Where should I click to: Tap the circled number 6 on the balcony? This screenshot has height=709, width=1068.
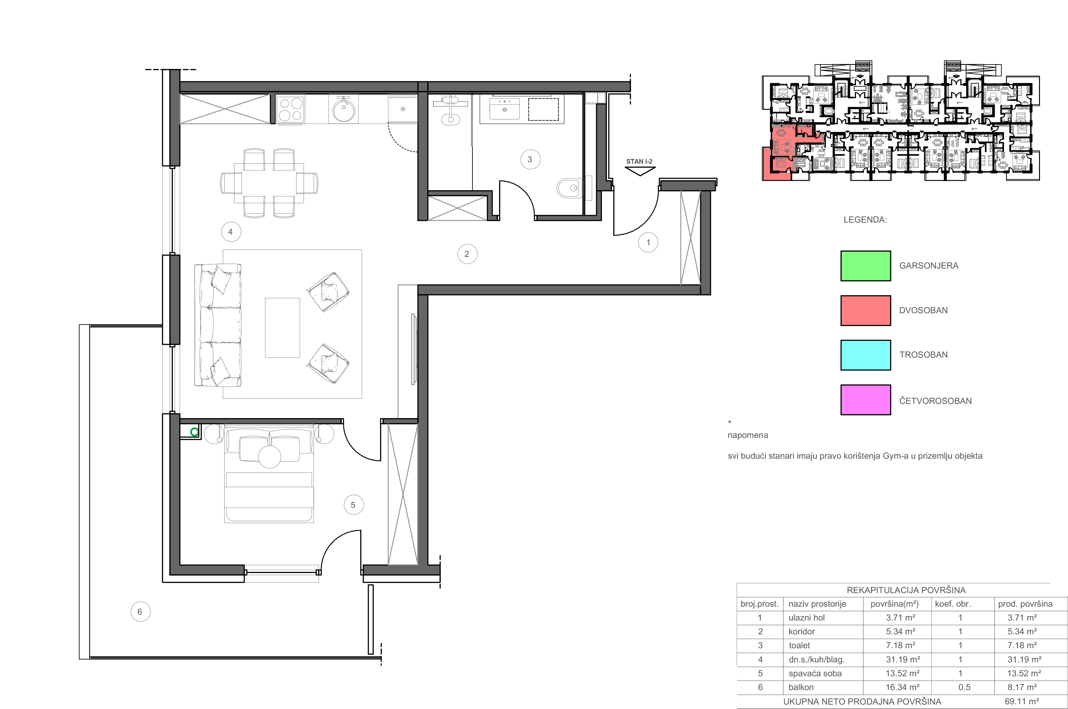tap(140, 612)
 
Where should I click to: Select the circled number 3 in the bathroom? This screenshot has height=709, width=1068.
tap(530, 159)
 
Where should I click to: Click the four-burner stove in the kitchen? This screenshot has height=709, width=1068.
tap(290, 109)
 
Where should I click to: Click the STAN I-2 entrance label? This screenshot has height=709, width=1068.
tap(639, 162)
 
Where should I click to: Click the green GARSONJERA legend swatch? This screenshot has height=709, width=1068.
tap(865, 266)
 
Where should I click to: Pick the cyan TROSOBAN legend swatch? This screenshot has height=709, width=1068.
tap(865, 355)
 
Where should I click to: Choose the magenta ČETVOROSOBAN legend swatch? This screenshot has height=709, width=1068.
tap(865, 400)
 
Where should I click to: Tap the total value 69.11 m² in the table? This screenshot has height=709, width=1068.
tap(1021, 701)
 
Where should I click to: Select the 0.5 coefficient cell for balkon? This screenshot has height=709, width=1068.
tap(964, 687)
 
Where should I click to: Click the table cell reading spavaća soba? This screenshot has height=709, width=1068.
tap(815, 673)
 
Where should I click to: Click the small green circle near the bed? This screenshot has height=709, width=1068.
tap(195, 432)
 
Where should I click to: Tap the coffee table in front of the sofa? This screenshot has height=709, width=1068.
tap(282, 328)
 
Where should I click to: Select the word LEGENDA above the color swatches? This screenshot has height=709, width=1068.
tap(865, 220)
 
